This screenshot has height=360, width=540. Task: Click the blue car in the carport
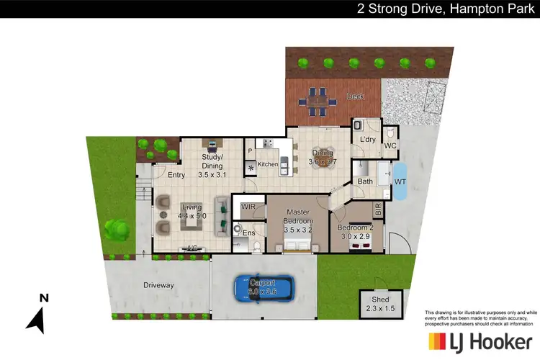(264, 289)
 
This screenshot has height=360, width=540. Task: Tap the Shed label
(380, 300)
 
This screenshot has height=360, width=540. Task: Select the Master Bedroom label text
(297, 217)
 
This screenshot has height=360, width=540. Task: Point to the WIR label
(249, 207)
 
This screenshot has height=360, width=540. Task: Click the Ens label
(248, 233)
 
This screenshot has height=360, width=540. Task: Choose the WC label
(391, 146)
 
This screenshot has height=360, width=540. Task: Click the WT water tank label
(400, 181)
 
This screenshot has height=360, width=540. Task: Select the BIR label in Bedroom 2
(378, 210)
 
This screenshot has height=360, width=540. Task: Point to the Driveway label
(158, 285)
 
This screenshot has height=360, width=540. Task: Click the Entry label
(177, 175)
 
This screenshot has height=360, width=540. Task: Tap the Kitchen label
(267, 165)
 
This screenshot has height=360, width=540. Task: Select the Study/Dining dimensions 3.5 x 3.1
(212, 174)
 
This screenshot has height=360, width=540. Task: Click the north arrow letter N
(43, 297)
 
